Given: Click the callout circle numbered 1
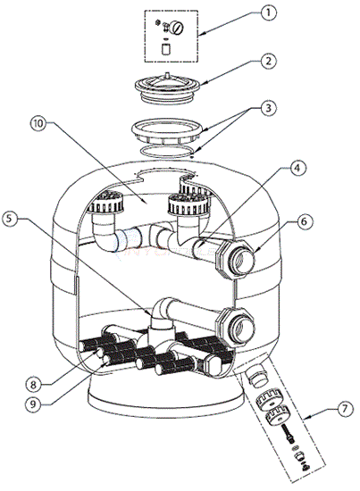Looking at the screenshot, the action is [x=268, y=13].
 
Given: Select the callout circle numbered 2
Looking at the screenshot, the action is [x=268, y=61].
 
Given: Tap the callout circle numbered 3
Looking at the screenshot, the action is [x=268, y=108].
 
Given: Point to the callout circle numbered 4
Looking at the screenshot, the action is [x=297, y=168].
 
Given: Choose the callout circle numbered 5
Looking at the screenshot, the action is [x=10, y=219].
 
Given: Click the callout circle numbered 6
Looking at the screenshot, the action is [x=304, y=221].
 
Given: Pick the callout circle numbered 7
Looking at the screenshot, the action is [x=344, y=409].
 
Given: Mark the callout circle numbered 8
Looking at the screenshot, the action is [x=34, y=385].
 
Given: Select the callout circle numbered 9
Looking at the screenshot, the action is [x=34, y=404].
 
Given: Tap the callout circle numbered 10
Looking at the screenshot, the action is [x=38, y=123].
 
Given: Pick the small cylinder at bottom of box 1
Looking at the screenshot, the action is [x=165, y=48].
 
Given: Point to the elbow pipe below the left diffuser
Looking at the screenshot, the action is [x=105, y=231].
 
